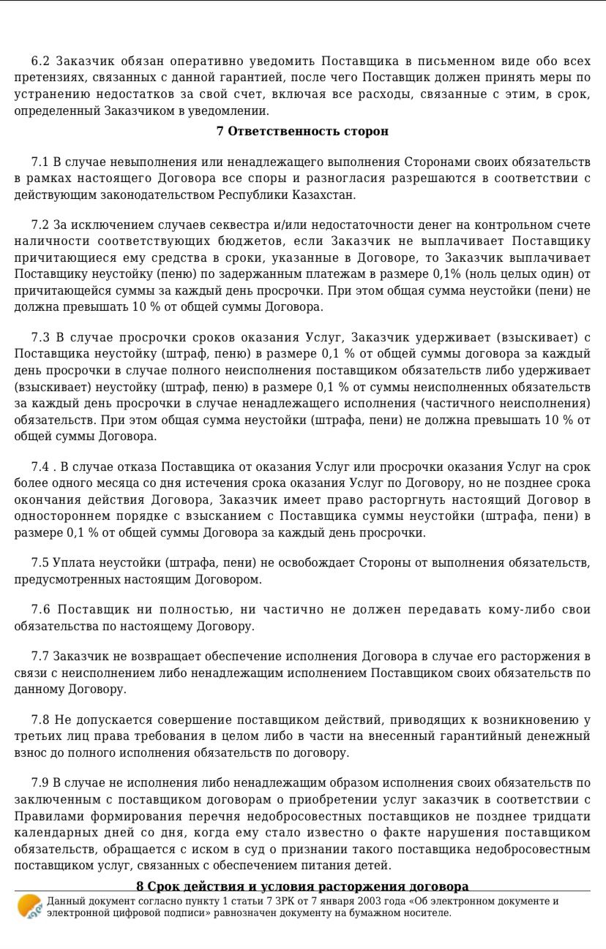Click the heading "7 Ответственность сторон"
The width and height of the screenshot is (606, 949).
pos(302,132)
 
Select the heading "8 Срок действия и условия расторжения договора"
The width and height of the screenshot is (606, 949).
pos(302,886)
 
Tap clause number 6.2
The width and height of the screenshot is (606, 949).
pos(41,61)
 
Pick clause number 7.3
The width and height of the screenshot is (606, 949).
pos(40,337)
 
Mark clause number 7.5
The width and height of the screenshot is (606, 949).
pos(40,562)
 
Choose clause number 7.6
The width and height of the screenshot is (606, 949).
pos(40,610)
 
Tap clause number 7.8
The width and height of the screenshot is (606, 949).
pos(40,720)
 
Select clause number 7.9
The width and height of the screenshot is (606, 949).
pos(40,783)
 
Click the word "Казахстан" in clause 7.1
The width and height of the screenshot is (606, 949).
pos(323,194)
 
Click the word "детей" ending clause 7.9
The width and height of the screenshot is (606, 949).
pos(373,866)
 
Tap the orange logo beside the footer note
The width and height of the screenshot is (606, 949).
pos(30,907)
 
